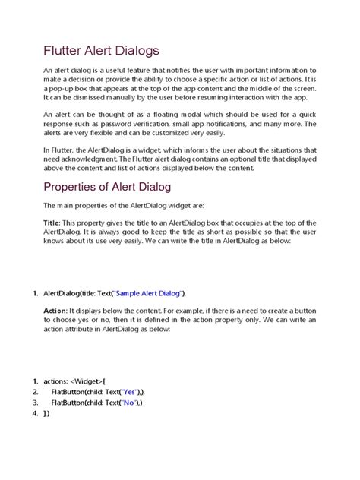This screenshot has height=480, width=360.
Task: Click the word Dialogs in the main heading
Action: point(133,51)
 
